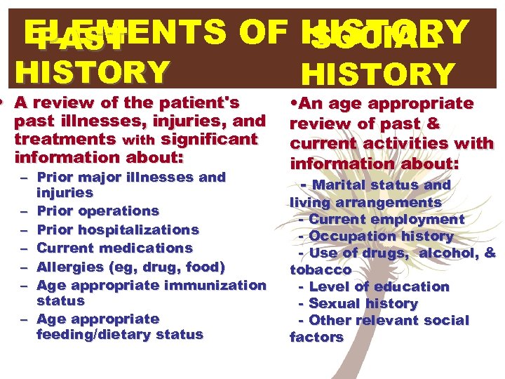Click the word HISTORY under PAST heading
click(93, 71)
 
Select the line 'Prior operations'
click(97, 211)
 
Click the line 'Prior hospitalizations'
click(117, 230)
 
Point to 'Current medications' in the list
click(114, 248)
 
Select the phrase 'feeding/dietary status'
click(119, 335)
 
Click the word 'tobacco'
click(321, 270)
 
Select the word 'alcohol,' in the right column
click(449, 253)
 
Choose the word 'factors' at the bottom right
click(316, 337)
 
